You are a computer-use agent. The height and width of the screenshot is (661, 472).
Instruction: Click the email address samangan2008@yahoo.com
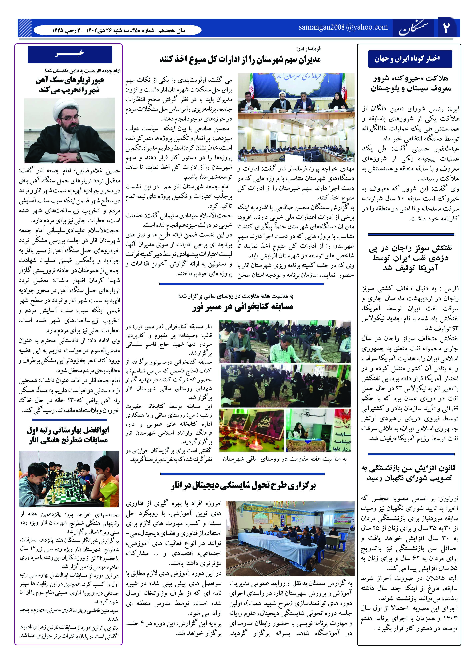pos(343,27)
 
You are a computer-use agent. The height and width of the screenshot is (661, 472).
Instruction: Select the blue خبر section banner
pos(70,54)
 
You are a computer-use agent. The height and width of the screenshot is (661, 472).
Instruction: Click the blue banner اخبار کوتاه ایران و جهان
pos(410,59)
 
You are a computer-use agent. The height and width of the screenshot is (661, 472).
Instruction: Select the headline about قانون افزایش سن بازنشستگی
pos(409,473)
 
